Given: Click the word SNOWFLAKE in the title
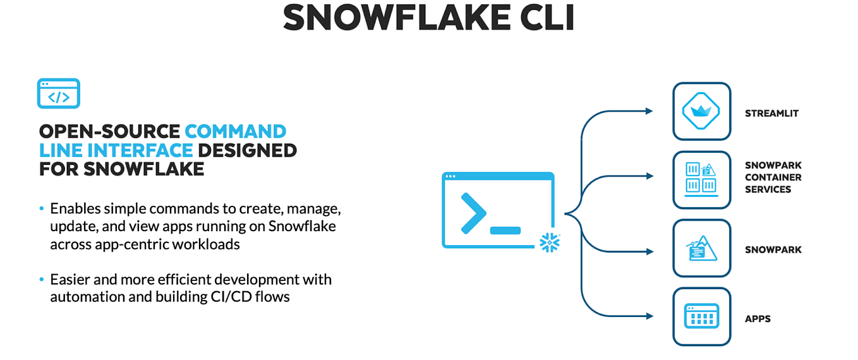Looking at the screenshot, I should click(392, 18).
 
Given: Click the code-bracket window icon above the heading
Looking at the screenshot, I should click(58, 93).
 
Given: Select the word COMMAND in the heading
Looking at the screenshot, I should click(235, 131).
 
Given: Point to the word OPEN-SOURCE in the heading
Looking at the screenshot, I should click(109, 131).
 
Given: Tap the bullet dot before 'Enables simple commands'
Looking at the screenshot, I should click(42, 208).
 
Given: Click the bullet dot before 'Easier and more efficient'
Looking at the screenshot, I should click(42, 279).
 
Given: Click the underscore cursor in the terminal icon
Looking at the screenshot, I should click(505, 230).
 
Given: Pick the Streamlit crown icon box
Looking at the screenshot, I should click(701, 111).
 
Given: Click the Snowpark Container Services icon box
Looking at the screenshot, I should click(701, 179).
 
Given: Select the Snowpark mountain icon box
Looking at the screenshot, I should click(701, 248).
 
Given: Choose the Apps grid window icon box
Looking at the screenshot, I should click(701, 316).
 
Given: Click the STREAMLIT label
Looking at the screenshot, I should click(771, 114).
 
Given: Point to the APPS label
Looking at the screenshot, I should click(758, 319).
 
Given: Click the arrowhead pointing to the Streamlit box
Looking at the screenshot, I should click(649, 111).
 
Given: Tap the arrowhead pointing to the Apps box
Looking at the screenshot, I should click(649, 316).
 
